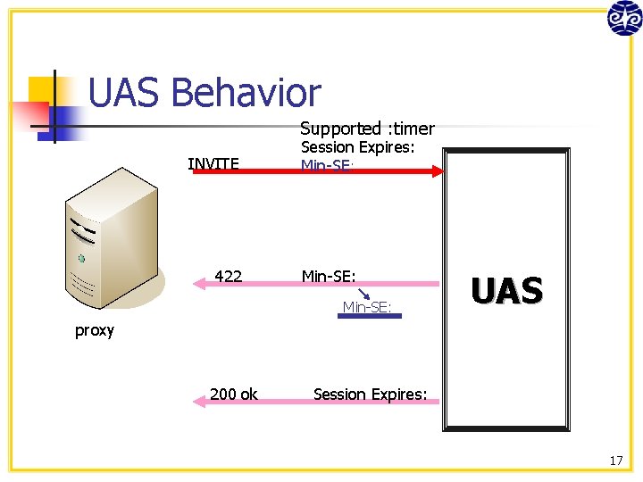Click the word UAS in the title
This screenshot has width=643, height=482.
[x=125, y=93]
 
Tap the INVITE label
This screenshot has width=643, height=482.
[x=213, y=163]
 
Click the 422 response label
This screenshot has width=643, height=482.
[x=229, y=277]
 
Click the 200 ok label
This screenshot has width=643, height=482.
[x=234, y=394]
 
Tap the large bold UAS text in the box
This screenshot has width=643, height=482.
[x=506, y=291]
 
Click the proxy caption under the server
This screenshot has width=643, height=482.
[x=95, y=330]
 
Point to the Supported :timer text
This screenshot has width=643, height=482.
[x=367, y=129]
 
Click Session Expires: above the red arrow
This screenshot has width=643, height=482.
[x=358, y=148]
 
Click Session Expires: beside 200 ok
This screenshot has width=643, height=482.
[x=371, y=394]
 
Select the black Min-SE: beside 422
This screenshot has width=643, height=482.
[x=329, y=277]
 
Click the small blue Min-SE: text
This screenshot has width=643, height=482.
[x=367, y=308]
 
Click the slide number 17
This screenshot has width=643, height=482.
[x=616, y=461]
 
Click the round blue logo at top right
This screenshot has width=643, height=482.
[x=623, y=18]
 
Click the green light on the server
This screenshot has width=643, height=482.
[x=81, y=259]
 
